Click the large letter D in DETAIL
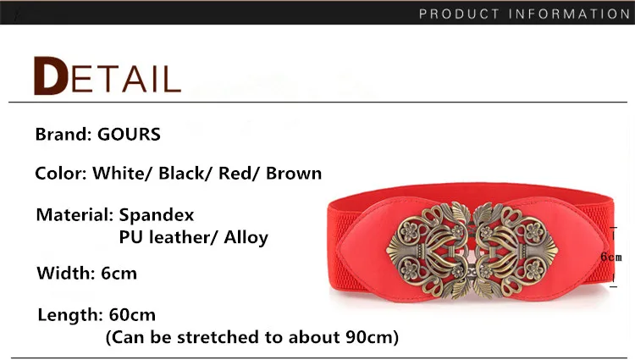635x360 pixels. pos(51,75)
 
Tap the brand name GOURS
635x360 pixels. pos(129,135)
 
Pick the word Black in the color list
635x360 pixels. pos(182,174)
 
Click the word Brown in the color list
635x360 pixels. pos(294,174)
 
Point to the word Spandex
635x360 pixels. pos(157,215)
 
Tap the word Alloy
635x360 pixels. pos(246,238)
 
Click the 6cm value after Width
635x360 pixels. pos(119,274)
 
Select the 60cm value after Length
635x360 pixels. pos(132,314)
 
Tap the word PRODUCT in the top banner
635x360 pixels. pos(459,14)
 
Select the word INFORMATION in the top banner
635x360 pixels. pos(570,14)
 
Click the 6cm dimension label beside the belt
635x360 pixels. pos(611,257)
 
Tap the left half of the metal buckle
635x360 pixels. pos(429,250)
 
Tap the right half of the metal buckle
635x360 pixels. pos(515,250)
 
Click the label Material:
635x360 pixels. pos(75,214)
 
